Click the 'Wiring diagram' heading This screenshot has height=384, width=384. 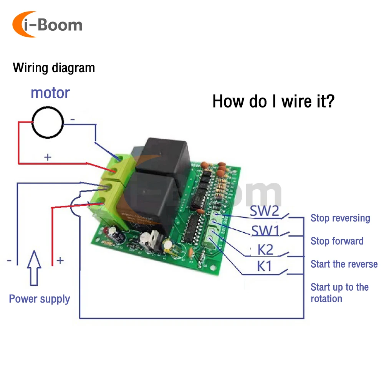54,68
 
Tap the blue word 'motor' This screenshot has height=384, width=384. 50,93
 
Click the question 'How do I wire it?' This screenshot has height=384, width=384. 273,101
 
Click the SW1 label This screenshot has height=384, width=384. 265,231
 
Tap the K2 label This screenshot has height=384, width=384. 265,250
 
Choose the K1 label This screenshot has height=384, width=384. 265,266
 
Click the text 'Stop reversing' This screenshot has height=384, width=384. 340,218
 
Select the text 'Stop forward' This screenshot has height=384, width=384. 337,241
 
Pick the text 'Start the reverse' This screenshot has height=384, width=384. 344,264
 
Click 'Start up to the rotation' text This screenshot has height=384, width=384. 339,293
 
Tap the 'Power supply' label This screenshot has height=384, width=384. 40,299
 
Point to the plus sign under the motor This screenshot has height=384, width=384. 48,157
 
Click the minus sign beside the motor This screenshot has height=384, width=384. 73,120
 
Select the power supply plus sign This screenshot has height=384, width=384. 60,261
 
